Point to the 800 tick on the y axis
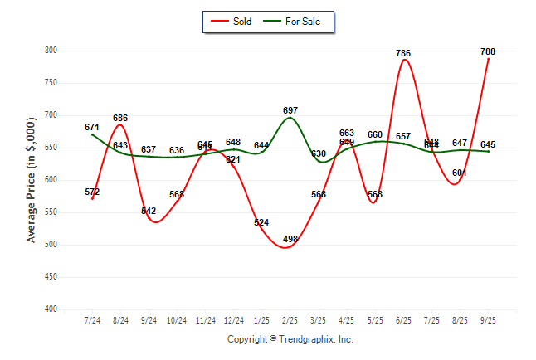click(51, 51)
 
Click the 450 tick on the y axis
click(51, 277)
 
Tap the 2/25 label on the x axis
click(290, 320)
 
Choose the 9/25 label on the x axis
click(489, 320)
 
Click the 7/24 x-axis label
click(92, 320)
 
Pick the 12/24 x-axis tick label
click(233, 320)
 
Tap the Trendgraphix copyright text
click(290, 339)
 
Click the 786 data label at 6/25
click(403, 53)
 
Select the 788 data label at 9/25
click(489, 51)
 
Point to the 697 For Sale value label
click(290, 110)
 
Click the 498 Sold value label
click(290, 238)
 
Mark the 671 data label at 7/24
click(92, 127)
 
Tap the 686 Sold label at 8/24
click(120, 118)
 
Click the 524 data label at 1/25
click(262, 222)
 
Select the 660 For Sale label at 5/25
click(375, 134)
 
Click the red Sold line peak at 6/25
click(403, 60)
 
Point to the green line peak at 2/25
click(290, 117)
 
